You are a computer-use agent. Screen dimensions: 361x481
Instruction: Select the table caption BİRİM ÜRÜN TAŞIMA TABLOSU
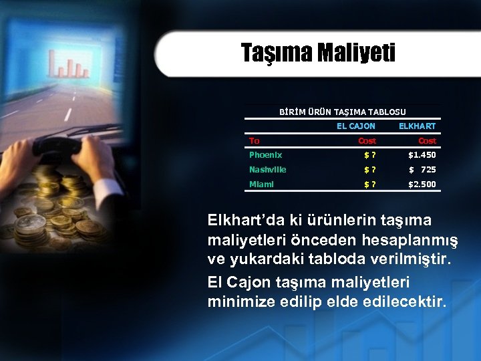pyautogui.click(x=342, y=112)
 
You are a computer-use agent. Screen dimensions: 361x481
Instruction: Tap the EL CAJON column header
pyautogui.click(x=355, y=126)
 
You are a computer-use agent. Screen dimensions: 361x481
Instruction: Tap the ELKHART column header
pyautogui.click(x=417, y=126)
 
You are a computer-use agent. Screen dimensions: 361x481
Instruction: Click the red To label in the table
pyautogui.click(x=255, y=140)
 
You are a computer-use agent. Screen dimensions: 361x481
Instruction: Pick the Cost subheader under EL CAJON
pyautogui.click(x=367, y=140)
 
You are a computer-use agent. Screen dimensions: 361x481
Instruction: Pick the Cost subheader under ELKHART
pyautogui.click(x=426, y=140)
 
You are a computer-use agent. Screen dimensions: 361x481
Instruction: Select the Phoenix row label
pyautogui.click(x=265, y=155)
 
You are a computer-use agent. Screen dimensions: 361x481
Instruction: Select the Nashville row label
pyautogui.click(x=267, y=170)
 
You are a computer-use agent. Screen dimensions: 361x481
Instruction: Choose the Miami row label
pyautogui.click(x=261, y=185)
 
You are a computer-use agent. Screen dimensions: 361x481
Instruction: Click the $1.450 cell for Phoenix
pyautogui.click(x=422, y=155)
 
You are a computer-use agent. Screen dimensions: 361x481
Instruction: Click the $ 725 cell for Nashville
pyautogui.click(x=423, y=170)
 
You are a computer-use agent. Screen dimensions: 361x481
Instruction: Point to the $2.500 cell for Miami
pyautogui.click(x=422, y=185)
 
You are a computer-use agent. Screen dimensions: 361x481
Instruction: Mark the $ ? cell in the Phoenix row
pyautogui.click(x=369, y=155)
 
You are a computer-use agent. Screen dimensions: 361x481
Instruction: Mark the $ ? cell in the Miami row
pyautogui.click(x=369, y=185)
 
